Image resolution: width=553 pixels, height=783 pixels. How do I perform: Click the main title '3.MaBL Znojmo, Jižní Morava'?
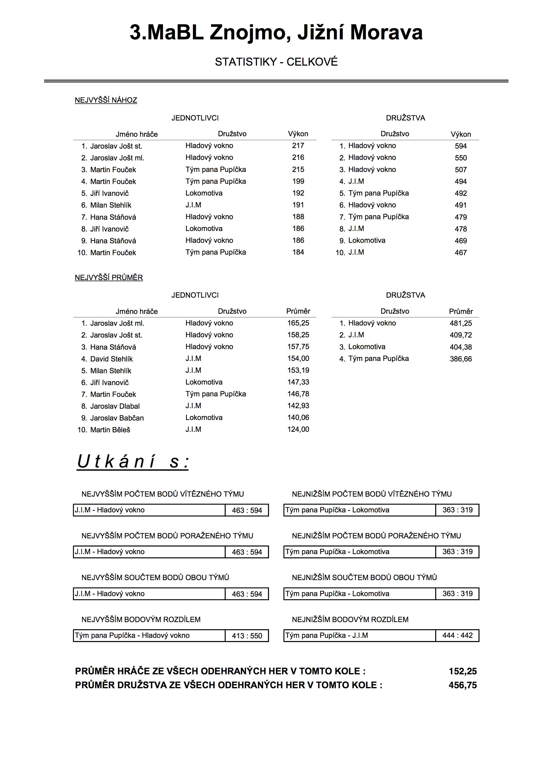(276, 33)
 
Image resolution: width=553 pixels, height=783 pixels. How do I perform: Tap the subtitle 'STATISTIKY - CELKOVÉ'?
(276, 62)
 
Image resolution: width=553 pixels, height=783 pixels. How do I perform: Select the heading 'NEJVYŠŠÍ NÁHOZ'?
(106, 100)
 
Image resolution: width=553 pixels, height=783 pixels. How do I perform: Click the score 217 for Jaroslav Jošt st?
(298, 146)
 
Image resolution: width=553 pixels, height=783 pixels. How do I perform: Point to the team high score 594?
(461, 146)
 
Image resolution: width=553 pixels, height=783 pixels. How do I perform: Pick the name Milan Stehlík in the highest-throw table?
(110, 205)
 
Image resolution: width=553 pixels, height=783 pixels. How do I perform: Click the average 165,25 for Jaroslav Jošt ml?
(298, 323)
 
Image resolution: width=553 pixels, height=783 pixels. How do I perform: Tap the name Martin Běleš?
(110, 430)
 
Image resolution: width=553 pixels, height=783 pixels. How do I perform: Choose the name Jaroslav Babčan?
(117, 418)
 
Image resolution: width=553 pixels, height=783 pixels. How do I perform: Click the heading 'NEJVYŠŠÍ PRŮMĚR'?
(109, 278)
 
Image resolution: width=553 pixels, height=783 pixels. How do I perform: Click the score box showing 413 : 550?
(247, 636)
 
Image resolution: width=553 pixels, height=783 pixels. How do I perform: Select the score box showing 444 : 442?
(457, 636)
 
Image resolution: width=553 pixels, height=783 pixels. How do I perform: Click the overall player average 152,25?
(463, 671)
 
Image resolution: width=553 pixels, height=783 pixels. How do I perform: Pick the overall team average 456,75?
(463, 685)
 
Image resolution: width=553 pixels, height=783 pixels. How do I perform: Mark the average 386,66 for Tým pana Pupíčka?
(461, 359)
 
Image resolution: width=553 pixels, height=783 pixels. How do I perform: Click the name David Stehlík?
(112, 359)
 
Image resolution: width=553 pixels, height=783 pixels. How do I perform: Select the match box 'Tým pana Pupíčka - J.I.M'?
(359, 636)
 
